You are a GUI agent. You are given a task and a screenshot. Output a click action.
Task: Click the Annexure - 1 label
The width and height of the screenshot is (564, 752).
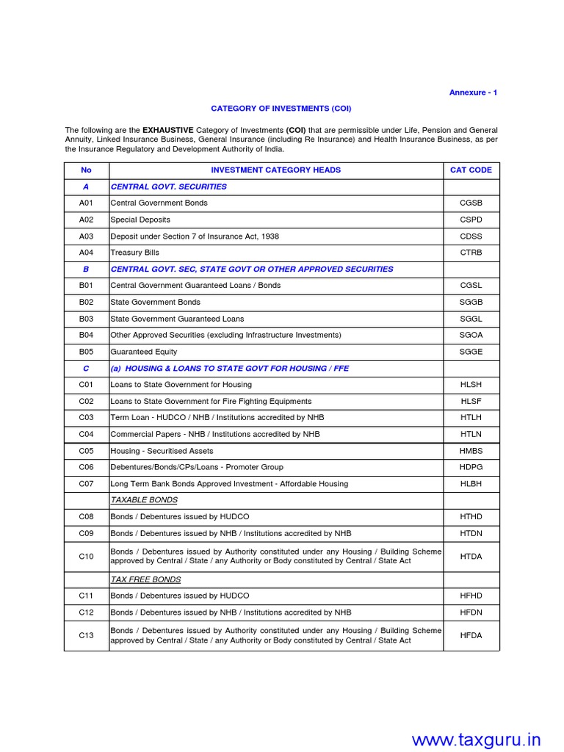point(473,93)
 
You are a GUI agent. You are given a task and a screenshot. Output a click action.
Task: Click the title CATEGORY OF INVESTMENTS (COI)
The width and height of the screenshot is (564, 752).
point(281,109)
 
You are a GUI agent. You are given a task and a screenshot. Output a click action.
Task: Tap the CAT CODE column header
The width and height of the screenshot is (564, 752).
point(471,170)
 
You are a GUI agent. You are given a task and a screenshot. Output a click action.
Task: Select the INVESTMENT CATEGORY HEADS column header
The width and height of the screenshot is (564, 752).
point(275,170)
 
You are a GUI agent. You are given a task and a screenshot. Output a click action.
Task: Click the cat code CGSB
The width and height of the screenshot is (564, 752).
point(471,203)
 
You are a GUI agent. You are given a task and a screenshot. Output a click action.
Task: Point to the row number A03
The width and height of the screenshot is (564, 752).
point(87,236)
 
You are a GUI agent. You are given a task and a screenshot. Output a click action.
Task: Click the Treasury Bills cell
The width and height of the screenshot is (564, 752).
point(134,253)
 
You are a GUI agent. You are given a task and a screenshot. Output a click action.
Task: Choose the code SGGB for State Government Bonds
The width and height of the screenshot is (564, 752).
point(471,303)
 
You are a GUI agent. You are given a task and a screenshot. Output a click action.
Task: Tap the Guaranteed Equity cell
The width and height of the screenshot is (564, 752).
point(143,352)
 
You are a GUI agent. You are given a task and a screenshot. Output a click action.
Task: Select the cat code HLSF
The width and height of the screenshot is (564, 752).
point(471,402)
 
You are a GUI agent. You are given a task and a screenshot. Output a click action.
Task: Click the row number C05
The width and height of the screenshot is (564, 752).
point(87,451)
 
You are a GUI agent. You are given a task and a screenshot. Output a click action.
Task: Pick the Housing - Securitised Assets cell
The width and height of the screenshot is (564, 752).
point(162,451)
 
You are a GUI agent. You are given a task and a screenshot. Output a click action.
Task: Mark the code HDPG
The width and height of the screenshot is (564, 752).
point(471,467)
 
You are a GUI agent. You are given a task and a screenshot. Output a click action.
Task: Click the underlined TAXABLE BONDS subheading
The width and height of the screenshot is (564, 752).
point(144,500)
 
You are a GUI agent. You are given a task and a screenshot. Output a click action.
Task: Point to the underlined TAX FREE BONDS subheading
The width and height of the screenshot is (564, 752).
point(145,579)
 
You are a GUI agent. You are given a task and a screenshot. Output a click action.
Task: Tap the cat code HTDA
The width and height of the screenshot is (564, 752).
point(471,557)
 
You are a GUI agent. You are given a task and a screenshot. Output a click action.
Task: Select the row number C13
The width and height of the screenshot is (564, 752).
point(87,636)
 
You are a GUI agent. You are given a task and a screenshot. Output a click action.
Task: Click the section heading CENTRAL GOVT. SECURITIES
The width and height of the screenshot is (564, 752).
point(168,187)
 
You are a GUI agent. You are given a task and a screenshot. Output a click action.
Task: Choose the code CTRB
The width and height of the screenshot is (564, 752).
point(471,253)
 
